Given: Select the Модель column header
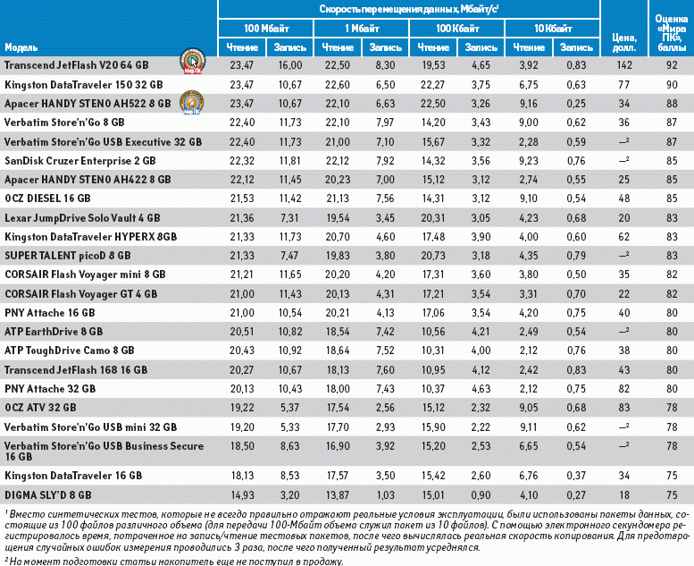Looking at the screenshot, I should point(21,46).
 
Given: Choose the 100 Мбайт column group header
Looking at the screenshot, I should point(266,29).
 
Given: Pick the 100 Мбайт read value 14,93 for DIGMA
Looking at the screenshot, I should point(243,494).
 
